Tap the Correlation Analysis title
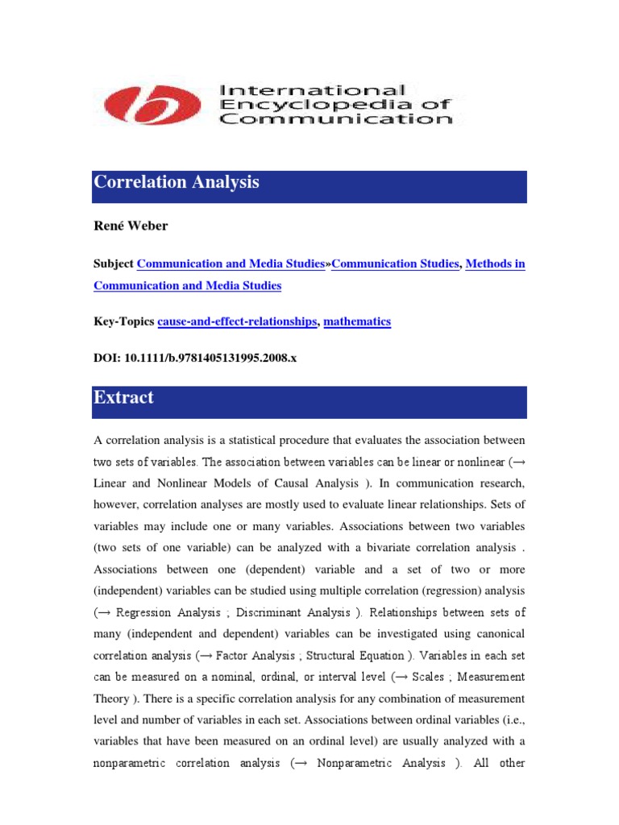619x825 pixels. click(177, 183)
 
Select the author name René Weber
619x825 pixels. click(131, 226)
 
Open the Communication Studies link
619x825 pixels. click(395, 264)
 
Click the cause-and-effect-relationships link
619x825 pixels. click(237, 321)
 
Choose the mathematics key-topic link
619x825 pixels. click(357, 321)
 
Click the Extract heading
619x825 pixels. click(123, 397)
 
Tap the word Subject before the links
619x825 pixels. click(114, 264)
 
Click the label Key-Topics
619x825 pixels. click(124, 321)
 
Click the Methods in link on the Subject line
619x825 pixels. click(495, 264)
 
